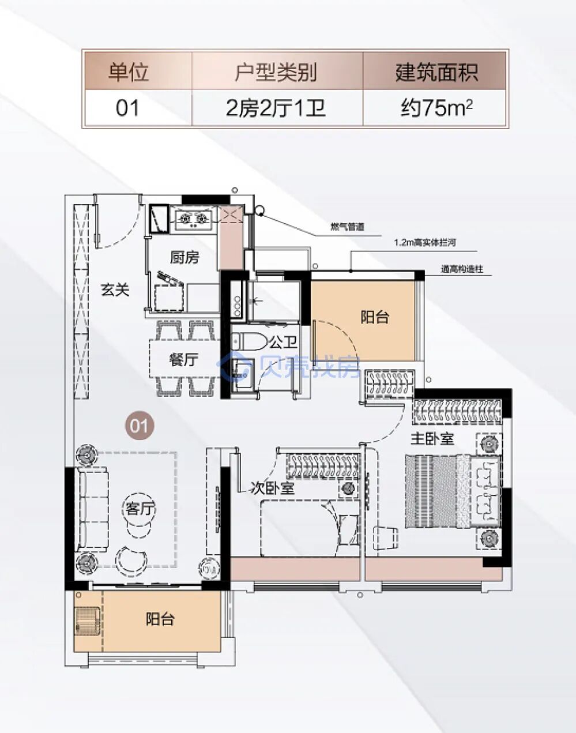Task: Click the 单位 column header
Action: click(x=128, y=72)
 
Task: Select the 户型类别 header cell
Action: click(x=276, y=72)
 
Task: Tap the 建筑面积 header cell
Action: click(x=436, y=72)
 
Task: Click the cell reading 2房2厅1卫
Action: click(x=276, y=108)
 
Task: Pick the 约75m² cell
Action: click(x=436, y=108)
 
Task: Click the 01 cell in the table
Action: click(x=128, y=108)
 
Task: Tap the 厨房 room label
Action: click(x=184, y=257)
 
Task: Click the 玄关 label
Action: click(x=115, y=290)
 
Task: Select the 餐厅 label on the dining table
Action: click(x=183, y=360)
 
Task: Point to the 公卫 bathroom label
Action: click(x=283, y=343)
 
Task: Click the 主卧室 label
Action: click(x=432, y=438)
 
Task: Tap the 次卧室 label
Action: click(x=273, y=488)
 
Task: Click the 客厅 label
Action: click(x=141, y=509)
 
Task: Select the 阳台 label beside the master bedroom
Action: click(x=375, y=316)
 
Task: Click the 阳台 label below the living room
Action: click(x=160, y=619)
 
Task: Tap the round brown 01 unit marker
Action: click(x=139, y=426)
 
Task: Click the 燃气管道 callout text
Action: click(x=347, y=227)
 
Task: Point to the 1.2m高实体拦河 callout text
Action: click(x=425, y=243)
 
